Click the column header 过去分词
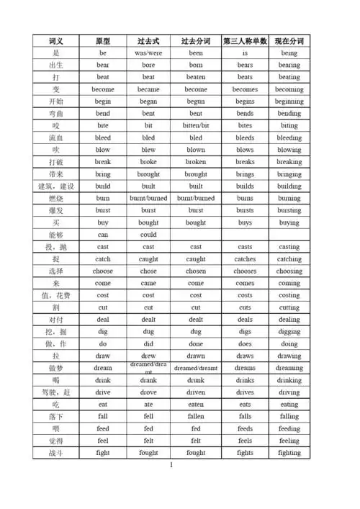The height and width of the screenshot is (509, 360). [x=196, y=41]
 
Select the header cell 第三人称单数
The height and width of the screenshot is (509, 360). [x=245, y=41]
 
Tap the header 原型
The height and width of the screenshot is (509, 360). [x=103, y=41]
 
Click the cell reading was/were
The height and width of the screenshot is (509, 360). [x=148, y=53]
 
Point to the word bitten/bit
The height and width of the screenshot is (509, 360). [x=196, y=125]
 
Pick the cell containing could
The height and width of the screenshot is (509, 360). [x=148, y=235]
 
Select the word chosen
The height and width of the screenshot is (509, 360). [x=196, y=271]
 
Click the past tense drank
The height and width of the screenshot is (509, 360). [x=148, y=380]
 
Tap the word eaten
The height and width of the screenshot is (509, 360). [x=196, y=405]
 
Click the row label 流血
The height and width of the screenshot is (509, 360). [x=56, y=138]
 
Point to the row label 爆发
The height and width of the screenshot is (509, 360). [x=56, y=210]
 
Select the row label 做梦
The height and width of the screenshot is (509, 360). [x=56, y=368]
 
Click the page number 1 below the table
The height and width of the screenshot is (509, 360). [x=171, y=465]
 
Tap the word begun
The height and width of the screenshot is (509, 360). [x=196, y=102]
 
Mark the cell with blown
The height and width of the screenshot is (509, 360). [x=196, y=150]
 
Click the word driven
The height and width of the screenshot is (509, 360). [x=196, y=392]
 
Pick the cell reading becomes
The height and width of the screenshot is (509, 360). [x=245, y=89]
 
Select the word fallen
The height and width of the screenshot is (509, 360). [x=196, y=417]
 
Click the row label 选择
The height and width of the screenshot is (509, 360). [x=56, y=271]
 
